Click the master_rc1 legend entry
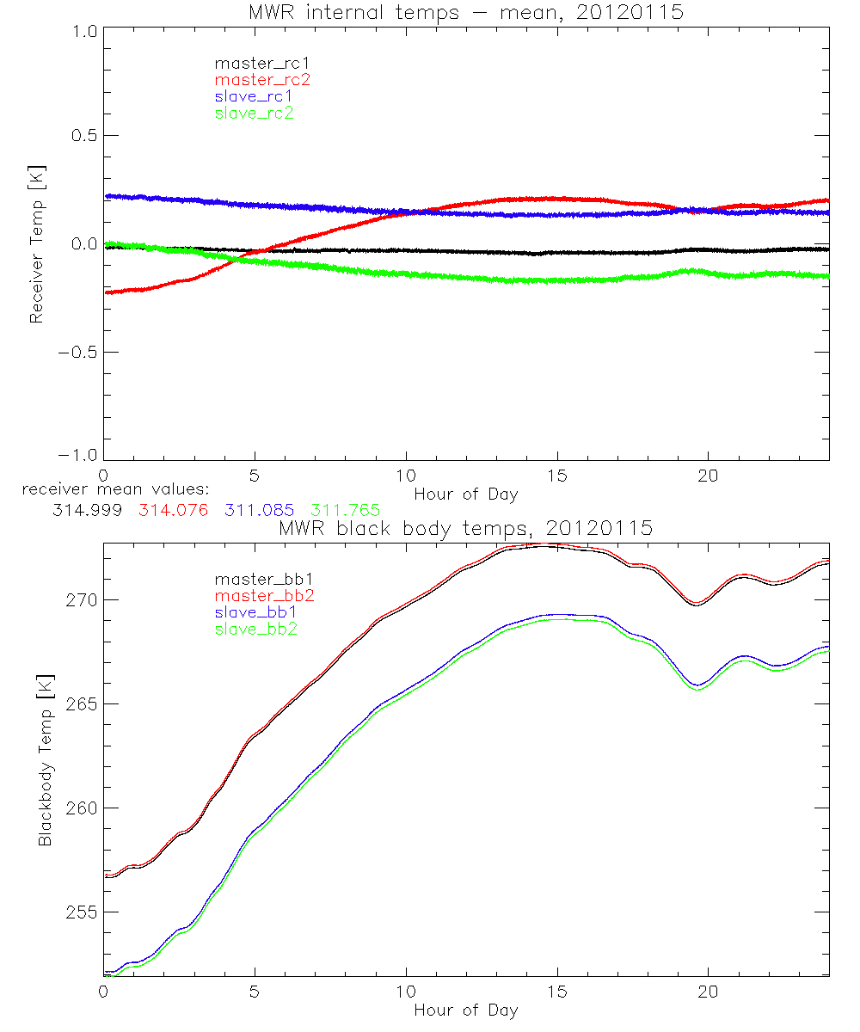point(255,63)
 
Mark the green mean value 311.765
point(346,511)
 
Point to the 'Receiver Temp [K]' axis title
point(36,244)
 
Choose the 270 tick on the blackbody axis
point(77,599)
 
